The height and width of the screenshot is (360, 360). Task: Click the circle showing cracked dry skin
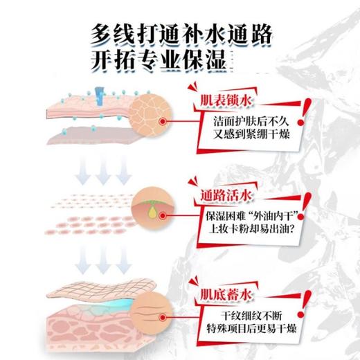tap(154, 112)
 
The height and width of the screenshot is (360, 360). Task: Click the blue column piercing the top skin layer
tap(99, 96)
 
